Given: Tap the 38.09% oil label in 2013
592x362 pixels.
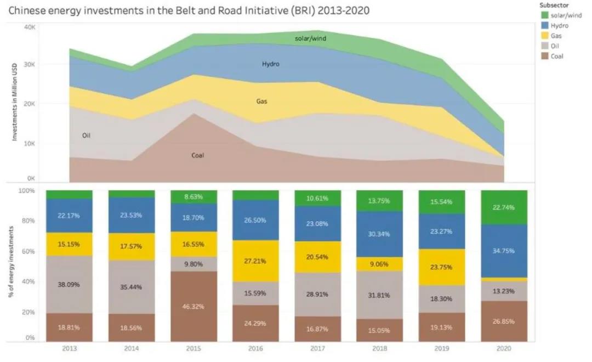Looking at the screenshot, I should (x=69, y=285).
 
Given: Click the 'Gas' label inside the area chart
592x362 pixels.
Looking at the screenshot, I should (x=261, y=101).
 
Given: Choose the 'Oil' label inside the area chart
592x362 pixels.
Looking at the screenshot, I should (x=86, y=135).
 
